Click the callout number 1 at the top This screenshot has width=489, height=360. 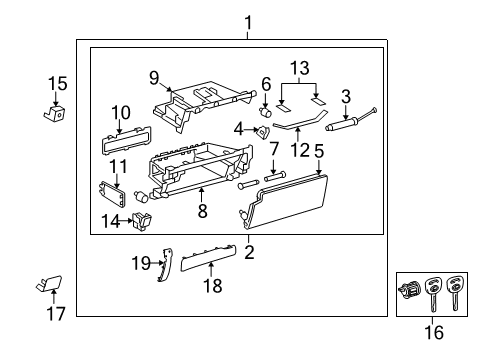[x=248, y=22]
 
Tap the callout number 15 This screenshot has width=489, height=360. [x=58, y=84]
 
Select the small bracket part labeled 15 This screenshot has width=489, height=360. [x=56, y=114]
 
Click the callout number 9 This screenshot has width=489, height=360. [x=154, y=77]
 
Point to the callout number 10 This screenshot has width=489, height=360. [x=120, y=112]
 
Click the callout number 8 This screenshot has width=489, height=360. [x=203, y=211]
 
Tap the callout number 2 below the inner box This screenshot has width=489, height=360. [x=249, y=252]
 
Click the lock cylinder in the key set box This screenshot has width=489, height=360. [x=411, y=292]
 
